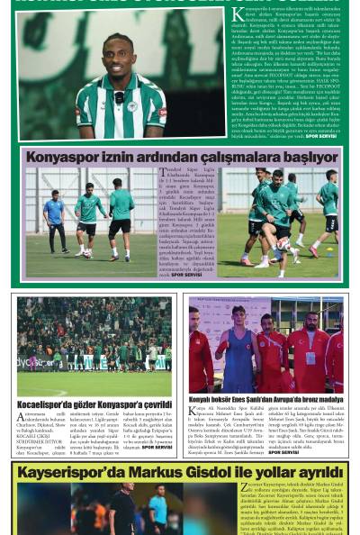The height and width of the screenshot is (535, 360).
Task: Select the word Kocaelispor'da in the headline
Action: coord(47,405)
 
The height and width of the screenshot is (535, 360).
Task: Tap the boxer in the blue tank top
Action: coord(238,347)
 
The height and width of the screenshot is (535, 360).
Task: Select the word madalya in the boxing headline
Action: coord(321,399)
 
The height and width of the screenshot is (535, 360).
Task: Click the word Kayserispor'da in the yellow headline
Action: coord(76,471)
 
